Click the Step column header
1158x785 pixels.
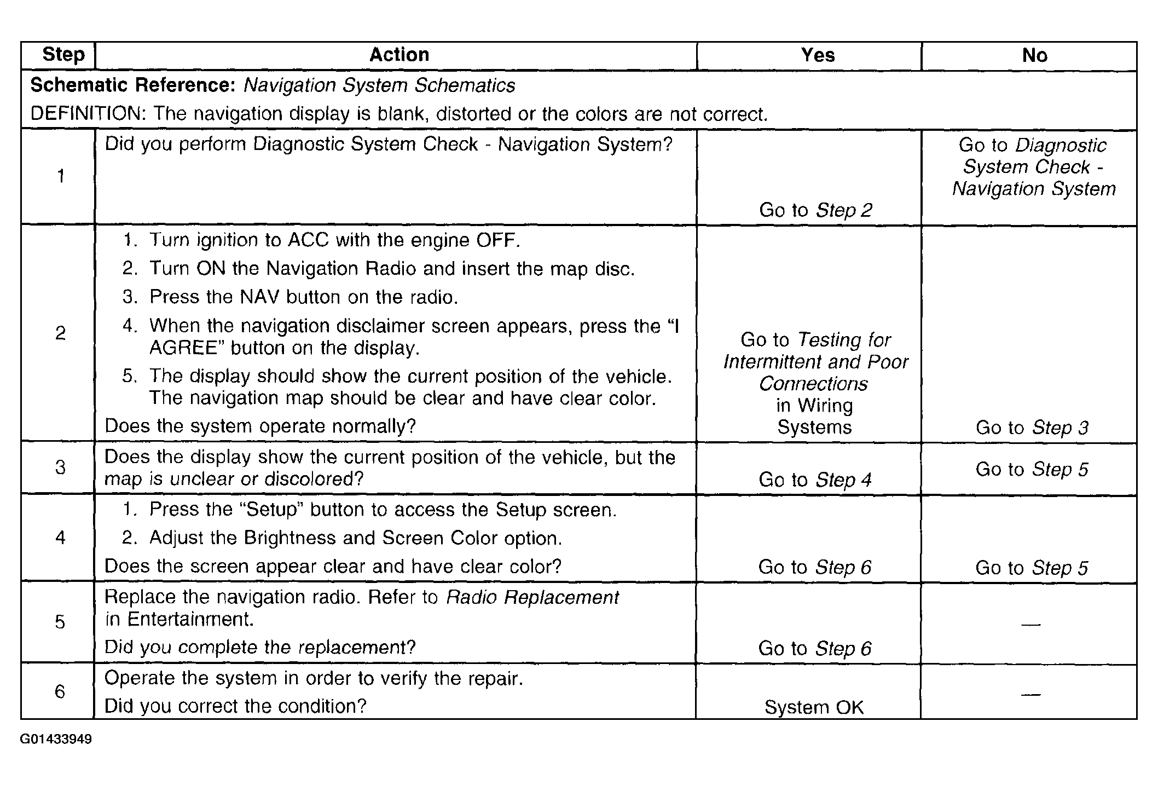(x=63, y=55)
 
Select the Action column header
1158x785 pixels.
(x=399, y=55)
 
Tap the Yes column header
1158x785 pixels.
(x=818, y=55)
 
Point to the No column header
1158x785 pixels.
(x=1034, y=55)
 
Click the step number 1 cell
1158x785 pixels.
(x=61, y=176)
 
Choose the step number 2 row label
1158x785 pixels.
(x=61, y=333)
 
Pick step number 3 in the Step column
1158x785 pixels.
(x=61, y=467)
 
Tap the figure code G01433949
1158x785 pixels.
(x=56, y=740)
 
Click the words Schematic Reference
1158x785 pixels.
(x=133, y=85)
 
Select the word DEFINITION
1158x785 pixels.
(x=88, y=114)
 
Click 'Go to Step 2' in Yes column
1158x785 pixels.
(x=815, y=210)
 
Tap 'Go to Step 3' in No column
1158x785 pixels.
(x=1032, y=428)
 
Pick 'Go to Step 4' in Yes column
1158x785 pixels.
(x=814, y=480)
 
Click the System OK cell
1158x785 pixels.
(x=814, y=707)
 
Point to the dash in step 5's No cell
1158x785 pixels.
(x=1030, y=624)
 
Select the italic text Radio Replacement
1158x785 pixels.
(x=532, y=597)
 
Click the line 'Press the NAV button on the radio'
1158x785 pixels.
(x=303, y=297)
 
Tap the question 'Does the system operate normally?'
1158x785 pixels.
(x=260, y=426)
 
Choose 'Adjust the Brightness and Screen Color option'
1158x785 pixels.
(x=356, y=538)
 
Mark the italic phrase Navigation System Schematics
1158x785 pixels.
(x=379, y=85)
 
